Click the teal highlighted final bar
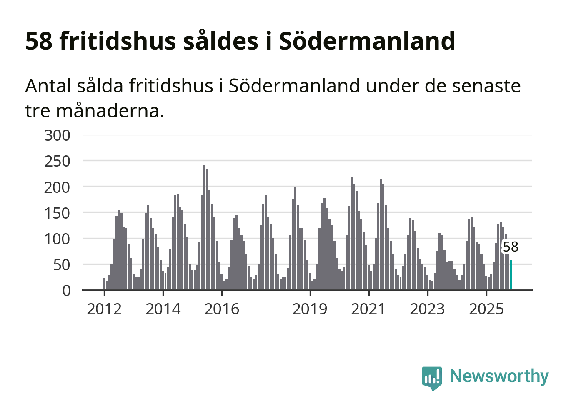pyautogui.click(x=511, y=275)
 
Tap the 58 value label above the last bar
pyautogui.click(x=511, y=247)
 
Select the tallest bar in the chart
pyautogui.click(x=204, y=227)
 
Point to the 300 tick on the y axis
pyautogui.click(x=57, y=135)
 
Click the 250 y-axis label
pyautogui.click(x=57, y=161)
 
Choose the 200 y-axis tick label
pyautogui.click(x=57, y=187)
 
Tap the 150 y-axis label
pyautogui.click(x=57, y=213)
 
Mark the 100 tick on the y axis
pyautogui.click(x=57, y=239)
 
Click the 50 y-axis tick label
pyautogui.click(x=62, y=264)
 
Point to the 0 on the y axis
pyautogui.click(x=66, y=290)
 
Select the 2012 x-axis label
pyautogui.click(x=104, y=309)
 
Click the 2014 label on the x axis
pyautogui.click(x=163, y=309)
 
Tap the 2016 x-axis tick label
pyautogui.click(x=222, y=309)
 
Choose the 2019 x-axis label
pyautogui.click(x=310, y=309)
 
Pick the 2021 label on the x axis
pyautogui.click(x=368, y=309)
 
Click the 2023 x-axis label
pyautogui.click(x=428, y=309)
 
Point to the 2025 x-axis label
pyautogui.click(x=486, y=309)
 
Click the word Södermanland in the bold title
pyautogui.click(x=367, y=41)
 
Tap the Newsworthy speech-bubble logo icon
pyautogui.click(x=431, y=378)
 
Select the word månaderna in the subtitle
pyautogui.click(x=110, y=111)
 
